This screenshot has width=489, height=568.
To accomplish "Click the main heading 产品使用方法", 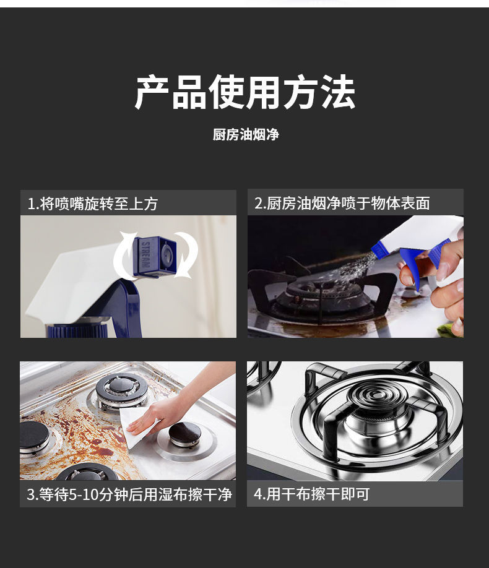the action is point(244,92).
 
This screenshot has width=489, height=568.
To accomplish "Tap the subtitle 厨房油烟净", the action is point(246,134).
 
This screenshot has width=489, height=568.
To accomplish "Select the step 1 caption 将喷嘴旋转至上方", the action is point(99,204).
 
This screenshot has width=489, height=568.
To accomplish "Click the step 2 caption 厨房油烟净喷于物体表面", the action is point(348,203).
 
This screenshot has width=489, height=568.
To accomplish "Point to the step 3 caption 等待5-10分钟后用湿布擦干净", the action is point(135,494).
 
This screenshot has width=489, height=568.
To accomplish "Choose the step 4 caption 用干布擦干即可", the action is point(318,494).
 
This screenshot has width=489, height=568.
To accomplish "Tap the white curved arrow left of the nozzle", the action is point(124,256).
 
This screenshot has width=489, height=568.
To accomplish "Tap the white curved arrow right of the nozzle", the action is point(187,256).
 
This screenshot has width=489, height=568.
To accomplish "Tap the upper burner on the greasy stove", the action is point(122,389).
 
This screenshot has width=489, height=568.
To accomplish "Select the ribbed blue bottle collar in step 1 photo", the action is point(77,331).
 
